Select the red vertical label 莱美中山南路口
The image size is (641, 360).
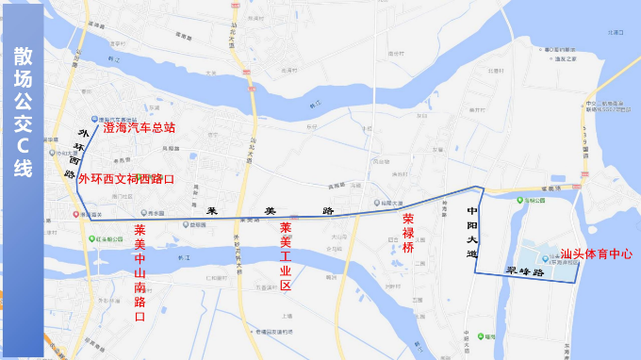[x=140, y=273]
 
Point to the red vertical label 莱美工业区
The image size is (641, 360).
[x=286, y=255]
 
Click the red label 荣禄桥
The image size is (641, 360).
[x=408, y=233]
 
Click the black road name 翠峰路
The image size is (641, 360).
[x=526, y=271]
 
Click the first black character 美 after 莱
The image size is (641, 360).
[x=270, y=209]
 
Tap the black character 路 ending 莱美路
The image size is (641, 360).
[x=328, y=208]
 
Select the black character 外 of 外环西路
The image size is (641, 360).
[x=82, y=135]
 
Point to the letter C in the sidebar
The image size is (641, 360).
[x=23, y=144]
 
